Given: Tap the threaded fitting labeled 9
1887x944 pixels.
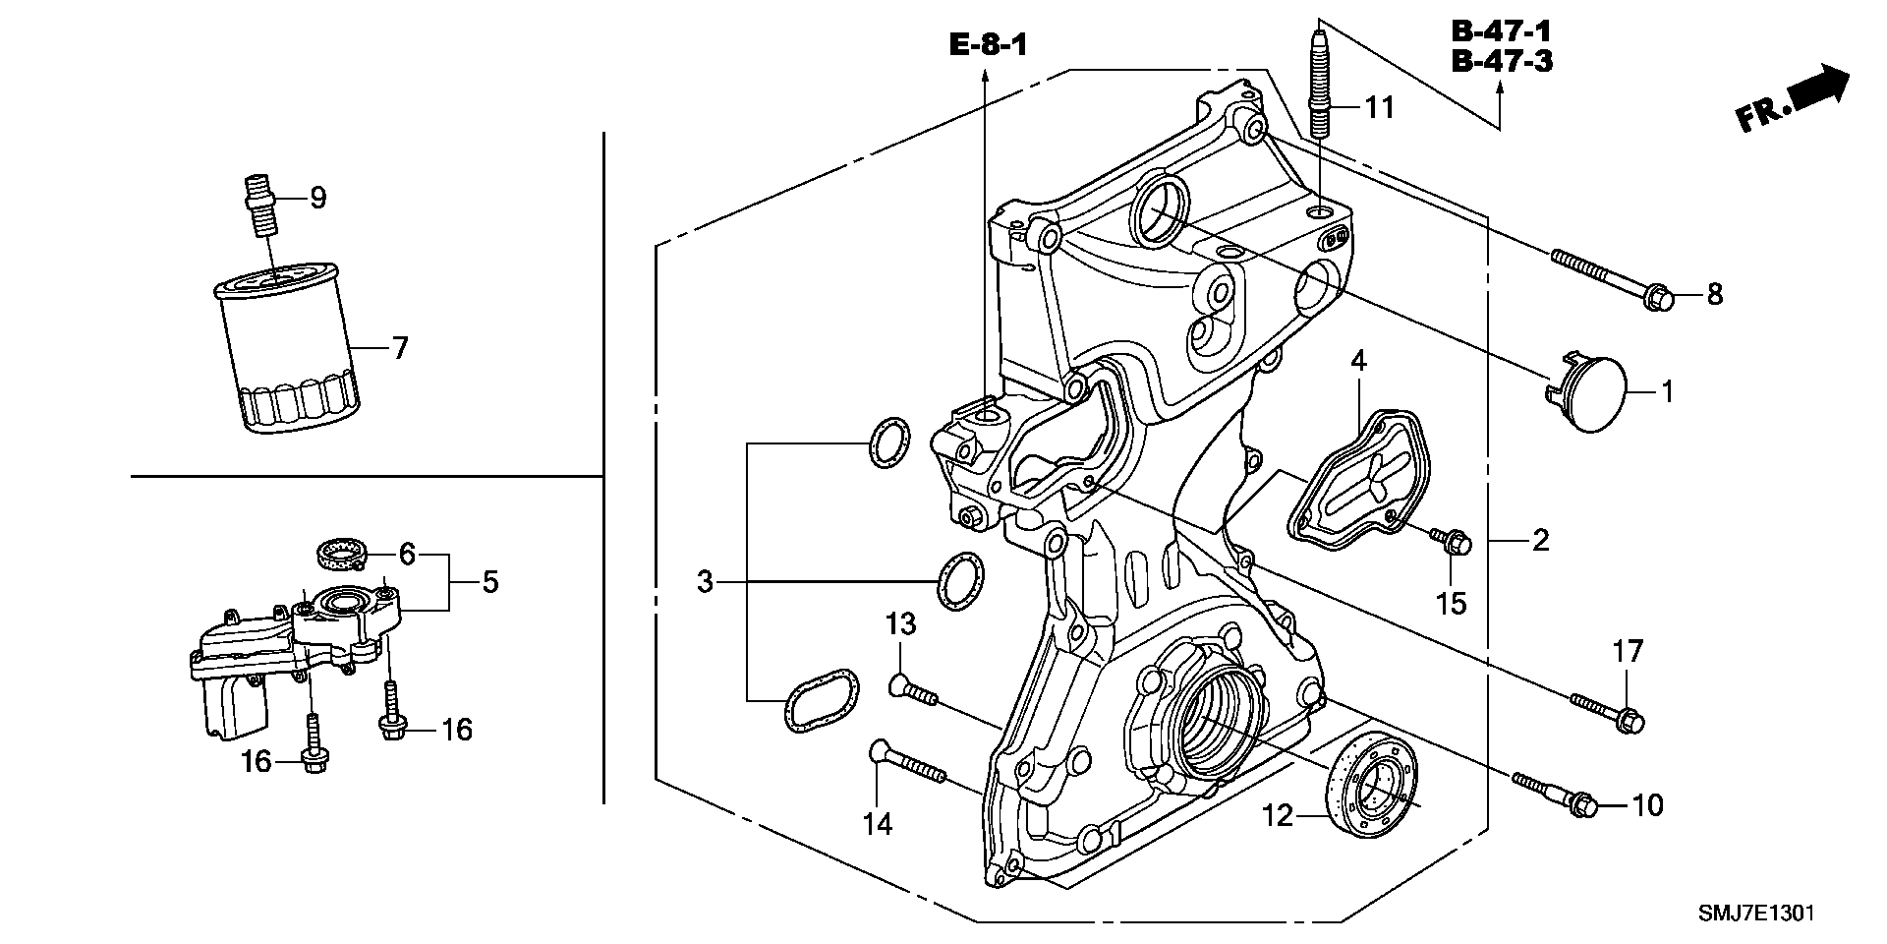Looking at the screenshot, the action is pos(259,204).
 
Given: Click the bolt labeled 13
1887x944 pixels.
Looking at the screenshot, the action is pos(913,690).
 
